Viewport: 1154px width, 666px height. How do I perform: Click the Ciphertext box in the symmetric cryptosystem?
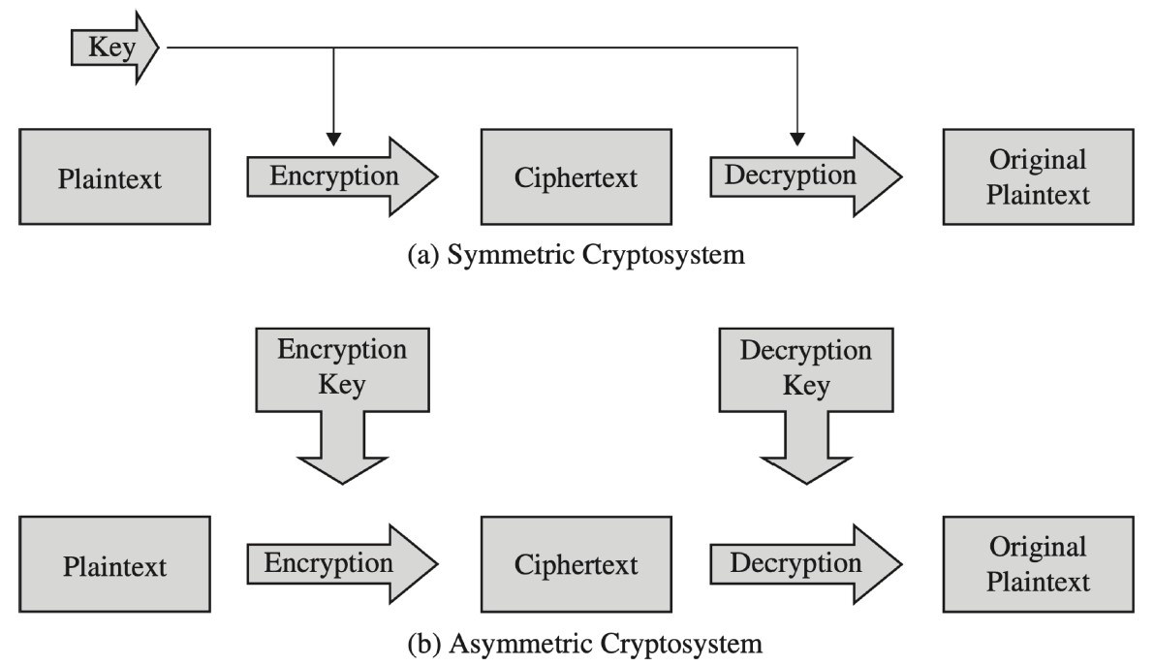pyautogui.click(x=576, y=177)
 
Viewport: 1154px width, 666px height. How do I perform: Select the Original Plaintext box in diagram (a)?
pyautogui.click(x=1038, y=177)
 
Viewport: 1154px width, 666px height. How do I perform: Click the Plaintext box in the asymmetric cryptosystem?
pyautogui.click(x=113, y=564)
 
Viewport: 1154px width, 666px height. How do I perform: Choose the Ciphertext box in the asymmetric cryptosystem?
pyautogui.click(x=576, y=564)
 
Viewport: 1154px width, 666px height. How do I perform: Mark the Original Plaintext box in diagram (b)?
pyautogui.click(x=1038, y=564)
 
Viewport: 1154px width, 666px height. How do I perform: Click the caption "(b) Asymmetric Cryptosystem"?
pyautogui.click(x=577, y=643)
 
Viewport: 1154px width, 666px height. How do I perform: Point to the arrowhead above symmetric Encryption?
pyautogui.click(x=332, y=137)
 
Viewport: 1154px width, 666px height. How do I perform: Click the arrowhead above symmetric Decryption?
pyautogui.click(x=796, y=137)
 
